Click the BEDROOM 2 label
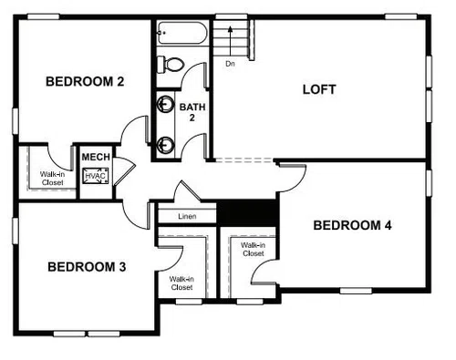click(x=85, y=81)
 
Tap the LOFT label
click(x=319, y=89)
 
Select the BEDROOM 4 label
click(x=352, y=225)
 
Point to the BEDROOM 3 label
click(x=87, y=267)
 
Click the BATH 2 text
click(x=192, y=112)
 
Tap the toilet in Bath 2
click(x=171, y=64)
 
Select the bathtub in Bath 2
click(x=182, y=33)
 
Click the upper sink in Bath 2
click(x=165, y=104)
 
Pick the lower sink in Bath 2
click(x=165, y=144)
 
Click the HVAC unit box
click(x=96, y=176)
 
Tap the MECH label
click(x=96, y=157)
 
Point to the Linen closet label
click(x=187, y=216)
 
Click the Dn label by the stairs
click(x=230, y=64)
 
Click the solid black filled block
click(x=248, y=213)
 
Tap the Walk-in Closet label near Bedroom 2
click(x=52, y=179)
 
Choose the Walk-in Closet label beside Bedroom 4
click(x=253, y=249)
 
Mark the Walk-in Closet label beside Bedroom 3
click(x=181, y=283)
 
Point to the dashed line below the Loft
click(x=244, y=159)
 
